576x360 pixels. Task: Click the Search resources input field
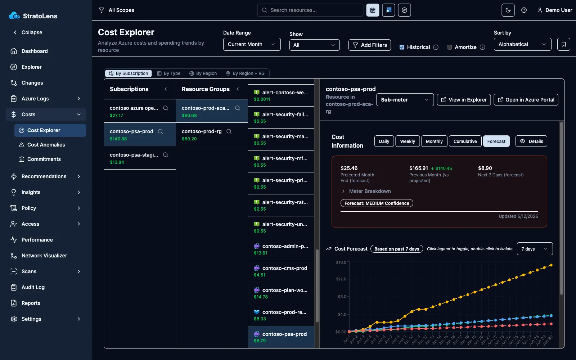(x=310, y=10)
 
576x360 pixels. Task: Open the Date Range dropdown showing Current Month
(x=252, y=44)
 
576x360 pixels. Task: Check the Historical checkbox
(x=402, y=47)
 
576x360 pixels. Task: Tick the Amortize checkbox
(x=450, y=47)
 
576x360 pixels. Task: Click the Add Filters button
(x=369, y=45)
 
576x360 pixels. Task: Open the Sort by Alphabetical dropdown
(x=522, y=44)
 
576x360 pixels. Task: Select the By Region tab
(x=203, y=73)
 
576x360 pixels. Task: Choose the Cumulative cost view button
(x=465, y=141)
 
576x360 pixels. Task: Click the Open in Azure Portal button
(x=526, y=100)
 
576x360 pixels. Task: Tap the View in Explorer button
(x=464, y=100)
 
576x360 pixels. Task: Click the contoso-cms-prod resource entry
(x=281, y=271)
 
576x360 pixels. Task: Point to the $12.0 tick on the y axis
(x=341, y=279)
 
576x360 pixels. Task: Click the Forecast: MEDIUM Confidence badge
(x=377, y=203)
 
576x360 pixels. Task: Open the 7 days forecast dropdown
(x=535, y=249)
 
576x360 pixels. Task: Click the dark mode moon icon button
(x=508, y=10)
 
